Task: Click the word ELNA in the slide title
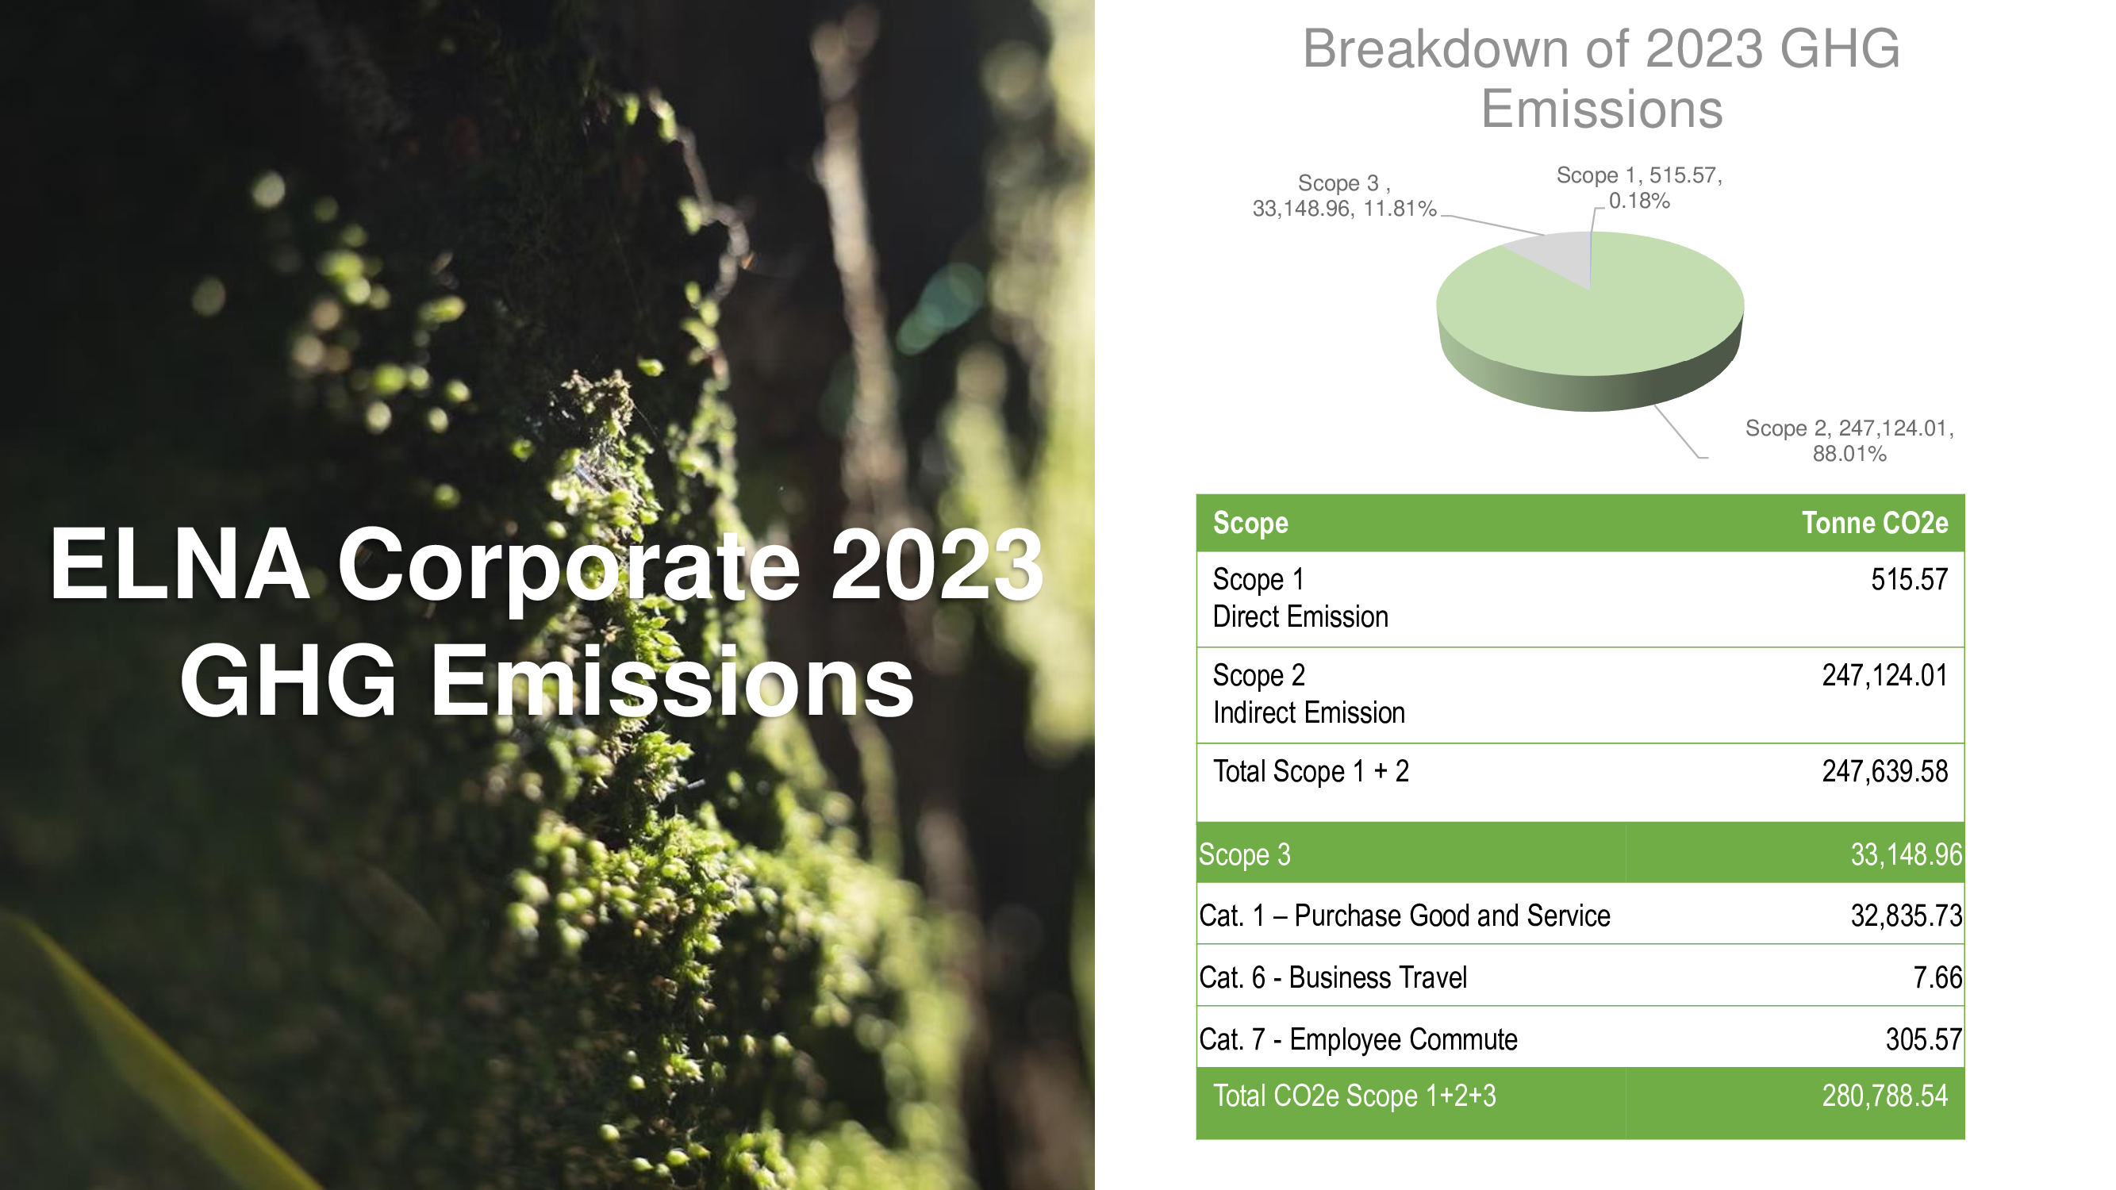[x=179, y=564]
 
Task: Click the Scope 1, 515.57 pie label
[x=1638, y=188]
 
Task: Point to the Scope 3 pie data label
[x=1344, y=196]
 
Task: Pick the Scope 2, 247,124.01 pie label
[x=1849, y=441]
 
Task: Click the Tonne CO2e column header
[x=1875, y=523]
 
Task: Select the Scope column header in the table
[x=1250, y=523]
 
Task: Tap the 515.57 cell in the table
[x=1909, y=580]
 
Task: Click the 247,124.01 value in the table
[x=1884, y=676]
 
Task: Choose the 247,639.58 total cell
[x=1884, y=772]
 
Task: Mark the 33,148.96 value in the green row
[x=1906, y=855]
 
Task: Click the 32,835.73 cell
[x=1906, y=916]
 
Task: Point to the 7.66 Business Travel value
[x=1937, y=977]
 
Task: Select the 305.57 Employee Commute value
[x=1924, y=1040]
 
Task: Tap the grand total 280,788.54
[x=1884, y=1096]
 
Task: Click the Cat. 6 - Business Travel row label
[x=1332, y=977]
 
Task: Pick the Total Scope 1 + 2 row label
[x=1311, y=772]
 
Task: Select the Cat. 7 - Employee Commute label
[x=1358, y=1040]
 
